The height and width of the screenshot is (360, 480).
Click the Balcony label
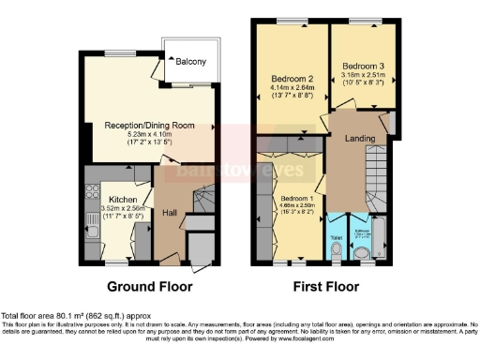192,63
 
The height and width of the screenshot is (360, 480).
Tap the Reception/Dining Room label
150,126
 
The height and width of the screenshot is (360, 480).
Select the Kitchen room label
123,200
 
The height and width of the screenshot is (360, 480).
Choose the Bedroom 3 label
363,67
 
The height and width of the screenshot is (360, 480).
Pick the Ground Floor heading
150,286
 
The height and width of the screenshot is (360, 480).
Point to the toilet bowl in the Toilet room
337,250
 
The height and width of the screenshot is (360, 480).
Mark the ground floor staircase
202,202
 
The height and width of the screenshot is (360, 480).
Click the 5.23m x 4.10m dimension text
150,135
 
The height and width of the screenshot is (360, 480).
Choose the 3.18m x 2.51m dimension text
363,76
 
